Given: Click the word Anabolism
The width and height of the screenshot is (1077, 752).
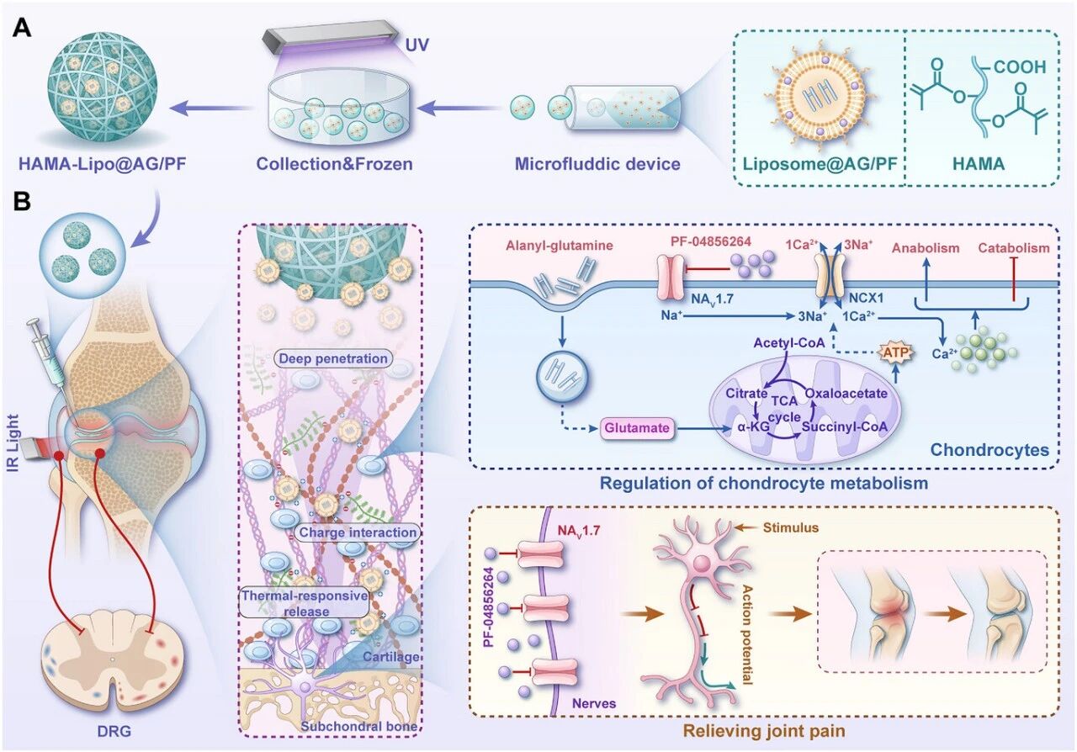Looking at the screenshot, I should click(x=926, y=248).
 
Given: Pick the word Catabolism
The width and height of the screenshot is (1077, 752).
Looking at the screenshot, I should click(x=1014, y=248).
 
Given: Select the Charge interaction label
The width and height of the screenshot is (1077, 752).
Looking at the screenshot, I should click(x=358, y=532).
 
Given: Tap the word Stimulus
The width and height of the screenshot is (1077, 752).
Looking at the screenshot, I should click(x=791, y=527).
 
